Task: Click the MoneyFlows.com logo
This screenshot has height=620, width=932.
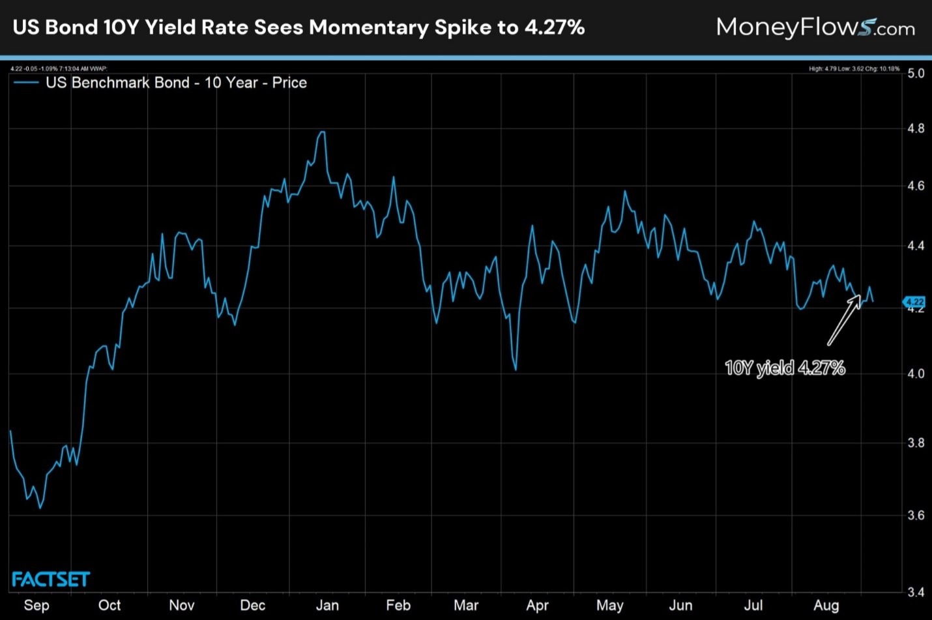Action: [x=815, y=27]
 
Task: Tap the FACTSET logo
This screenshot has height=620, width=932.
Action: [x=51, y=579]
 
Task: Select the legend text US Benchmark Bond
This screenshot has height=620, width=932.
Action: [x=117, y=83]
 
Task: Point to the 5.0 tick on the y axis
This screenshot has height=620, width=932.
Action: [x=916, y=73]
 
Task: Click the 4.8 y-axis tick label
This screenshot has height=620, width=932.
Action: [x=916, y=128]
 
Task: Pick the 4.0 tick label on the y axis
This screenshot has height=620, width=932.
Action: [x=916, y=374]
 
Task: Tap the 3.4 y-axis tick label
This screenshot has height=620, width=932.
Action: [x=916, y=592]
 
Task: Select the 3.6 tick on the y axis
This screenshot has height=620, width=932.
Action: [x=916, y=515]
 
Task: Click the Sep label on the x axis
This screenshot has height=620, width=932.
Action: [x=36, y=605]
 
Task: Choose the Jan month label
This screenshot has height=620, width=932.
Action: [x=327, y=605]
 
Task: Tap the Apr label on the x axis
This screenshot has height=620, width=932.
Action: [x=537, y=605]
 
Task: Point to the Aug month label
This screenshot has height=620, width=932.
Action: [x=826, y=605]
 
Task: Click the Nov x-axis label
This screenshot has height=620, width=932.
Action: [x=182, y=605]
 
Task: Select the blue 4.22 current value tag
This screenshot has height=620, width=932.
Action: [x=914, y=302]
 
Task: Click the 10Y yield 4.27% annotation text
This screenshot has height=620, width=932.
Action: [x=785, y=368]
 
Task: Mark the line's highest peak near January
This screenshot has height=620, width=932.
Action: [x=321, y=132]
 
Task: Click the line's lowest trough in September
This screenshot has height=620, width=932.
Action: [x=40, y=508]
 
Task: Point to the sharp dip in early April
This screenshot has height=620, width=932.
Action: [x=516, y=370]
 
